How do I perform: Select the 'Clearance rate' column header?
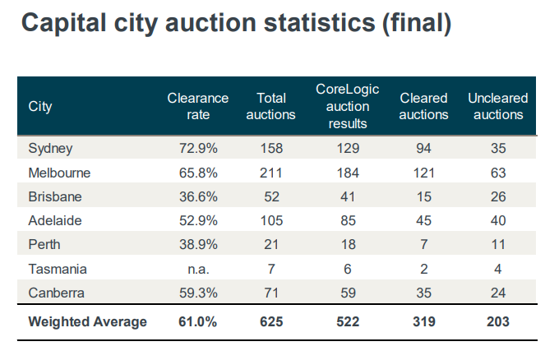tap(198, 106)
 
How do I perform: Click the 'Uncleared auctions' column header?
tap(498, 106)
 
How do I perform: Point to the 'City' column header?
tap(40, 106)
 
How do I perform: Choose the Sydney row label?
tap(51, 149)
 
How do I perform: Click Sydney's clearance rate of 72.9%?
tap(198, 149)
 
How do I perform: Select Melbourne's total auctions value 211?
tap(270, 173)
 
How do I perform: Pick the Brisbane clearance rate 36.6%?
tap(198, 197)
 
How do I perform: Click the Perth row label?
tap(44, 245)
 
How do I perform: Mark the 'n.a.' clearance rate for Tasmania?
tap(198, 269)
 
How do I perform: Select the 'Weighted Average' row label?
tap(87, 322)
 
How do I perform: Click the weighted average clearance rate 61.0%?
tap(198, 322)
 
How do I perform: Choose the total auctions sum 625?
tap(270, 322)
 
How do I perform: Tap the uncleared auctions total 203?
tap(498, 322)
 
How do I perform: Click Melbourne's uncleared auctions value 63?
tap(498, 173)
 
